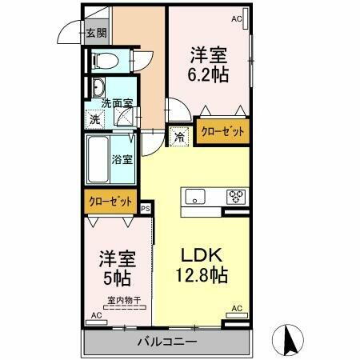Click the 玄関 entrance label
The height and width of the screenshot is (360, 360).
tap(96, 34)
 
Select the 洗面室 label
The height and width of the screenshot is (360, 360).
tap(116, 102)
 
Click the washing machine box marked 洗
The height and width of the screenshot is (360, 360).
tap(94, 119)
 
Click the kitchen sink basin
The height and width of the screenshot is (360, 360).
tap(197, 196)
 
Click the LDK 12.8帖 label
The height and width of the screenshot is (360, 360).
tap(202, 265)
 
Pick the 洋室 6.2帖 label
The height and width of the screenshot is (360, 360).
tap(207, 65)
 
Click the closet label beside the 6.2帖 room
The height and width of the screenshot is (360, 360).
tap(223, 131)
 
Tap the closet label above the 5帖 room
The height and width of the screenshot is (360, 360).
tap(110, 202)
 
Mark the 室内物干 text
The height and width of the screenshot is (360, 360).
tap(124, 301)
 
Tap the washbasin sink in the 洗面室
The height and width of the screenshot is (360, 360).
tap(98, 88)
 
